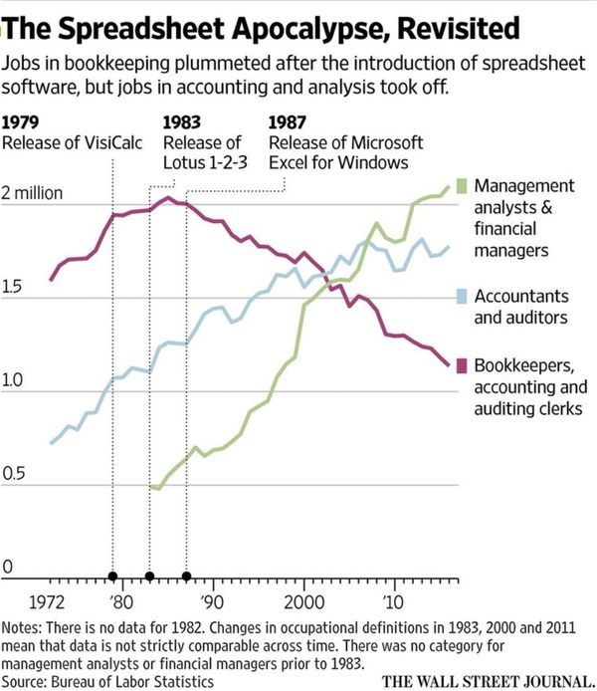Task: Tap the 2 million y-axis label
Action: coord(39,192)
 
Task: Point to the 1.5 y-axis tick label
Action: coord(14,288)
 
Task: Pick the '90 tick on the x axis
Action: coord(211,601)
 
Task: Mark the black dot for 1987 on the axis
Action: coord(186,576)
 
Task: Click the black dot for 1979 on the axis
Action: coord(112,576)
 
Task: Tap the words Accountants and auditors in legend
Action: coord(522,307)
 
